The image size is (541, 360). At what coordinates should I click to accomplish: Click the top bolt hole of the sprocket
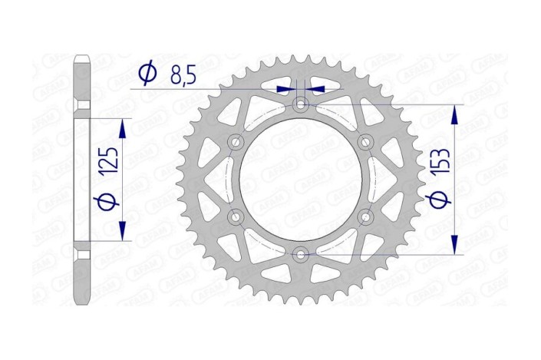click(x=301, y=103)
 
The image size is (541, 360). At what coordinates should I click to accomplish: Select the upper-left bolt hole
click(x=236, y=141)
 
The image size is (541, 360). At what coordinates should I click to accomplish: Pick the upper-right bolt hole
click(x=366, y=141)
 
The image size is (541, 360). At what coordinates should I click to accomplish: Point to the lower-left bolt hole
click(x=236, y=216)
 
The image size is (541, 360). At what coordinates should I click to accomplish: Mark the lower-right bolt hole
click(x=366, y=216)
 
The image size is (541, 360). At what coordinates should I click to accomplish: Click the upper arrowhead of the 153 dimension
click(x=455, y=114)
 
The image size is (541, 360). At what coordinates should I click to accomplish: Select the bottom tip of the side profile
click(x=82, y=302)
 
